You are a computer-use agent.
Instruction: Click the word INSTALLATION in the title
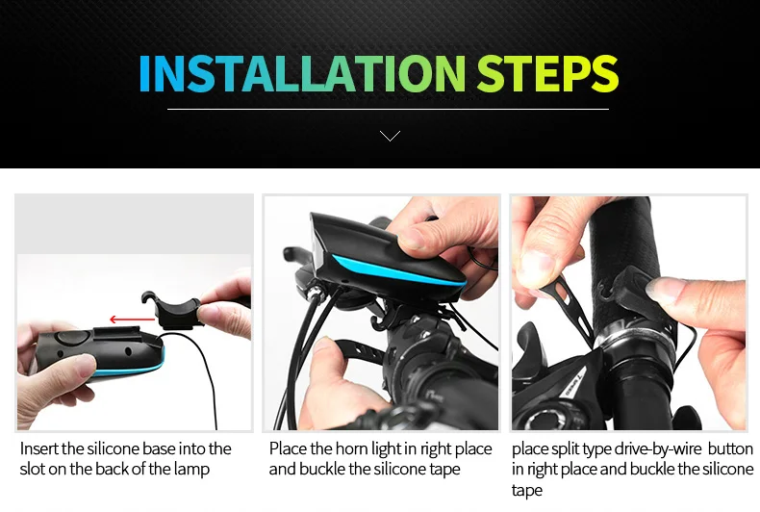tap(301, 74)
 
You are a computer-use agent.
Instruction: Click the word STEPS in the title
tap(547, 74)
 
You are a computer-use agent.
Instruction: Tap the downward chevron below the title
tap(390, 136)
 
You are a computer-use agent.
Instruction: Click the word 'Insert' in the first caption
tap(38, 448)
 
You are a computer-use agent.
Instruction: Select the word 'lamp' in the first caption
tap(190, 469)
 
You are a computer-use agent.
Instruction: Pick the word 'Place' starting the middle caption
tap(288, 448)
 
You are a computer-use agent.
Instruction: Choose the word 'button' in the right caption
tap(731, 448)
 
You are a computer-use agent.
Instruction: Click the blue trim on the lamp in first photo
tap(144, 370)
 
